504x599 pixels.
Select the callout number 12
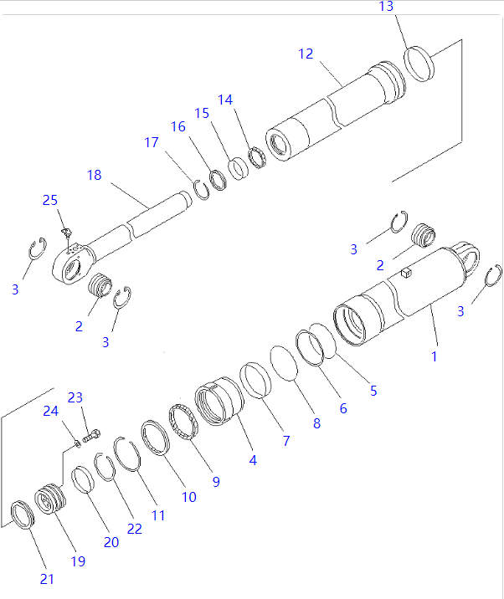click(306, 54)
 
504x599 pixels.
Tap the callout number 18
click(94, 175)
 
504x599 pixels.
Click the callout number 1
click(434, 356)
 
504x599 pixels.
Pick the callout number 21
click(46, 579)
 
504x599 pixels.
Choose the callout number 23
click(75, 397)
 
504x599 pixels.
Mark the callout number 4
click(253, 459)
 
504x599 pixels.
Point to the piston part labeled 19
click(49, 500)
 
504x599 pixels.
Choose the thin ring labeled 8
click(288, 365)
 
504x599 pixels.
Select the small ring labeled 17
click(201, 190)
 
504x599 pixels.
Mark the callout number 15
click(202, 113)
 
